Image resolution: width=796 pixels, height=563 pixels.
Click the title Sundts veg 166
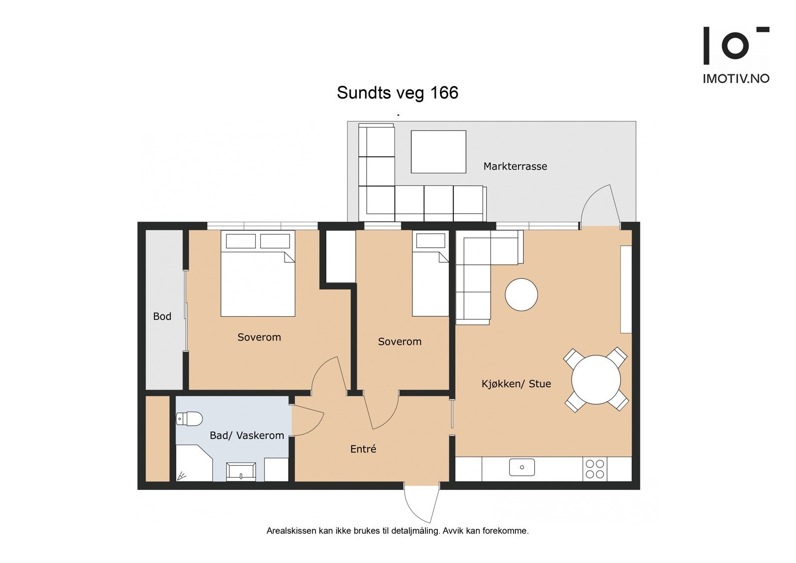[x=397, y=93]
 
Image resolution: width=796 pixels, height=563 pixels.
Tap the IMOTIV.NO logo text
[x=735, y=79]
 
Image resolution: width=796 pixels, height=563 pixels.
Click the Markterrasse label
[x=515, y=166]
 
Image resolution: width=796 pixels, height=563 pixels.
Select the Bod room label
[x=162, y=317]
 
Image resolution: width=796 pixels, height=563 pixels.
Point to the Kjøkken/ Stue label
[x=516, y=384]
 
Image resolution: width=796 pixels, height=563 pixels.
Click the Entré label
[x=363, y=449]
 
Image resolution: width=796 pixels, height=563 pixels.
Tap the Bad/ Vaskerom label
[x=247, y=436]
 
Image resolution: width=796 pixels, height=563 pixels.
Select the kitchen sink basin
[x=522, y=467]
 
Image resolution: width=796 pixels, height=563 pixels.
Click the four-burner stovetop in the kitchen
[x=595, y=469]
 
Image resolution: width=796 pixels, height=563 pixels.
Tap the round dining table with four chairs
[x=596, y=380]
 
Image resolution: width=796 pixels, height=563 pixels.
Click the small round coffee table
[x=521, y=295]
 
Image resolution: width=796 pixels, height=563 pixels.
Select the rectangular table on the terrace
[x=438, y=152]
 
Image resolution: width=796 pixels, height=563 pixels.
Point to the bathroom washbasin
[x=241, y=471]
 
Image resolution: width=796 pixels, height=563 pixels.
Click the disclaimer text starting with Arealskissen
[x=397, y=531]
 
